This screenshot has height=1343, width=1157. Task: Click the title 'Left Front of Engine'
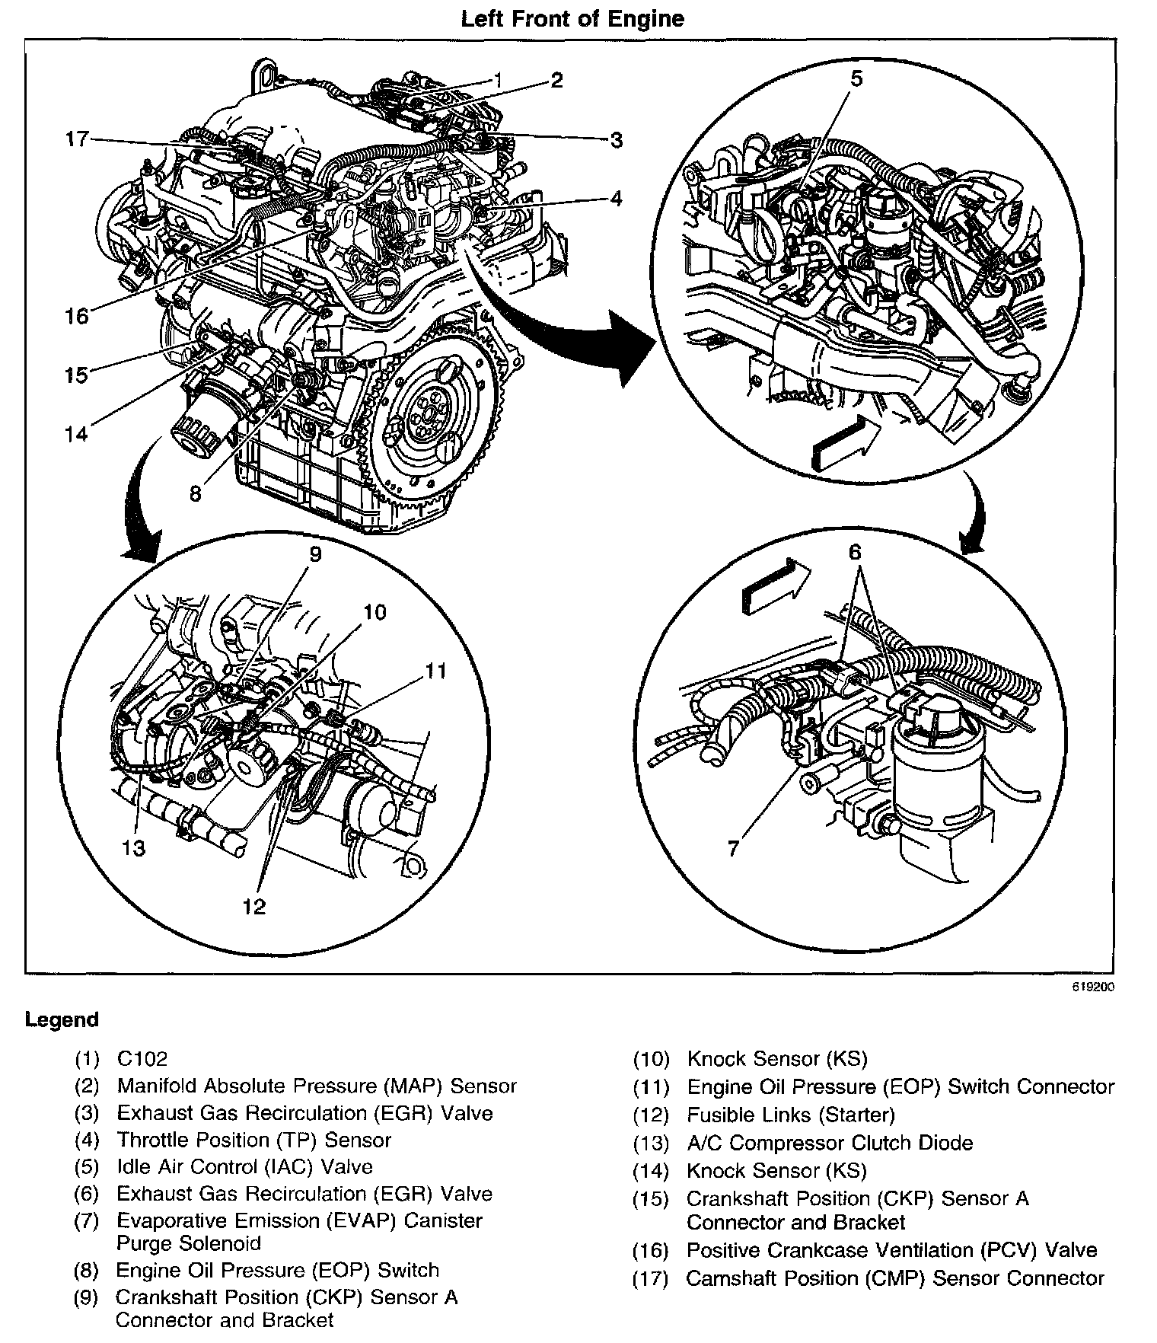coord(572,18)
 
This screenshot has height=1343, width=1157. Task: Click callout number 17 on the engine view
coord(77,140)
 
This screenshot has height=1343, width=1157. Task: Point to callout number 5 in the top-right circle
coord(856,79)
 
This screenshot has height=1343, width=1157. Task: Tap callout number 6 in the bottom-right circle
coord(855,552)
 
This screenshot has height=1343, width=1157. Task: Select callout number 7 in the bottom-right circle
coord(733,847)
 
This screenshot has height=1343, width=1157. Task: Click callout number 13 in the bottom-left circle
coord(133,847)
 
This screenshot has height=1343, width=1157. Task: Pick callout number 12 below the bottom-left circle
coord(254,906)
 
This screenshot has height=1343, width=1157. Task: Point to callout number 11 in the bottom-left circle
coord(435,670)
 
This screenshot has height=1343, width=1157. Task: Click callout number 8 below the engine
coord(196,493)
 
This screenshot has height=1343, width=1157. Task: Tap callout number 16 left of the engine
coord(77,315)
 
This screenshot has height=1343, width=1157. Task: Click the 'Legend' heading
coord(62,1019)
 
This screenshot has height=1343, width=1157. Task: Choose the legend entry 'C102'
coord(142,1058)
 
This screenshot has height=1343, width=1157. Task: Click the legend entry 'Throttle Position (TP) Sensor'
coord(253,1140)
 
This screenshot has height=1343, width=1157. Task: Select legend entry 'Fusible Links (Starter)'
coord(790,1115)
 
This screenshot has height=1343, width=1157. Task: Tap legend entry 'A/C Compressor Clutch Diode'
coord(830,1143)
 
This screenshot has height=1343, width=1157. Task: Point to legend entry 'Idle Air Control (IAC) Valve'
coord(244,1166)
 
